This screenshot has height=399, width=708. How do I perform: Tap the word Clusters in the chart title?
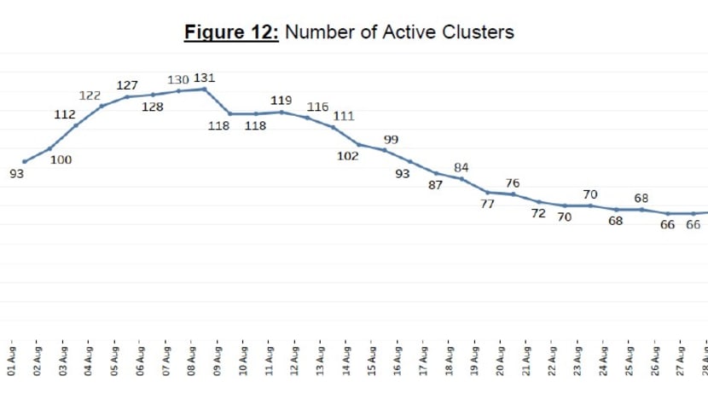[477, 32]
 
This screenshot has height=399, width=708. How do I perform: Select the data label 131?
[205, 78]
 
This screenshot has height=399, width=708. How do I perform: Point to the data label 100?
[61, 159]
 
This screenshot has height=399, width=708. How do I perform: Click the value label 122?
[90, 95]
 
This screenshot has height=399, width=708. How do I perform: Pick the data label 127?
[127, 85]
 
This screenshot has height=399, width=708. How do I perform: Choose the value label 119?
[281, 101]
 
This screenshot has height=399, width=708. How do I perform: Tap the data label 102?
[347, 157]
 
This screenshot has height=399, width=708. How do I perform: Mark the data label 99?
[392, 139]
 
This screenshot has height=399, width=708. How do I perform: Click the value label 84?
[461, 167]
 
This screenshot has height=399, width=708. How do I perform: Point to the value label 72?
[538, 213]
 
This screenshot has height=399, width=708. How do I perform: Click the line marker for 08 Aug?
[205, 89]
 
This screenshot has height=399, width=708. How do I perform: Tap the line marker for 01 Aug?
[24, 162]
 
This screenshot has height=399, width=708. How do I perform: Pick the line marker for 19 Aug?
[487, 192]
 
